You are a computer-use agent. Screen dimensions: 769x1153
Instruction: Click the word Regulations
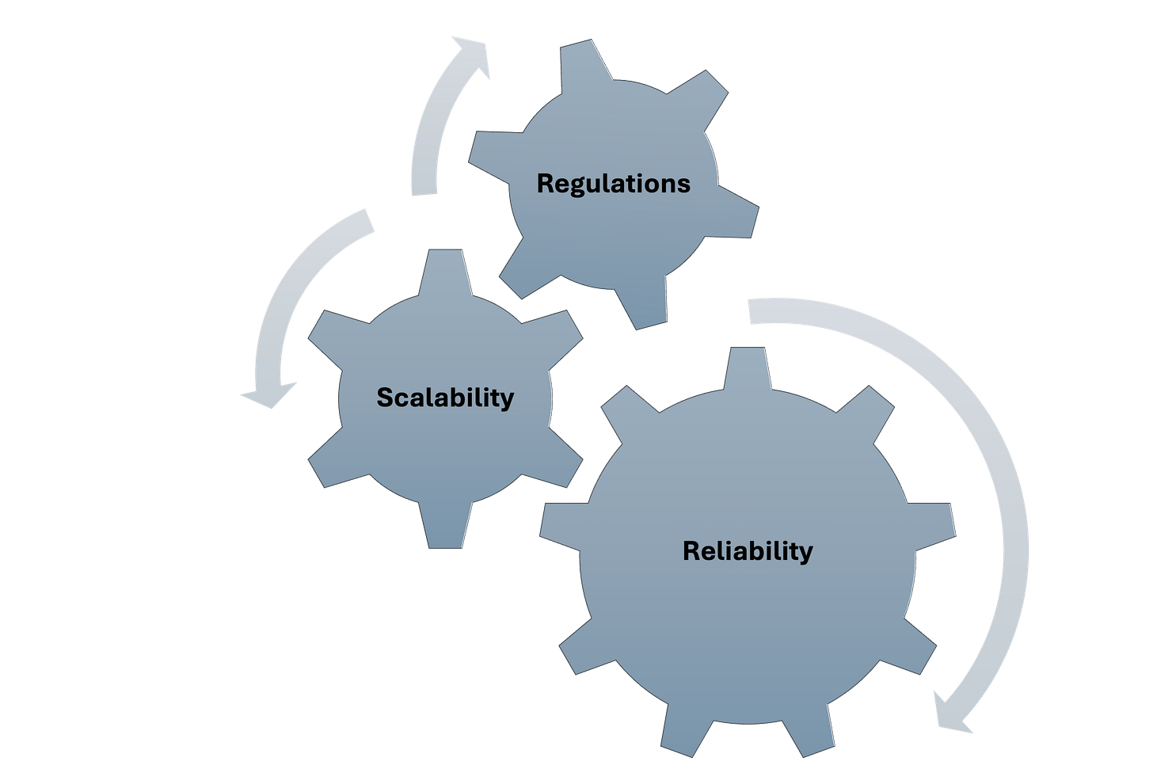614,184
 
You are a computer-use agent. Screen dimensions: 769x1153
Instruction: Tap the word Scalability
445,397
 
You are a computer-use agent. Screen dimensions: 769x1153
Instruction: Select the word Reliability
748,550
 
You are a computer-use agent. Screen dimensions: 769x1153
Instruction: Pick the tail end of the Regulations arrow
424,190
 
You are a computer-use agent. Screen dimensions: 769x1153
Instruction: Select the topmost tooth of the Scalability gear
444,269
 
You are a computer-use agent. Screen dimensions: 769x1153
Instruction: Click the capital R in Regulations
545,184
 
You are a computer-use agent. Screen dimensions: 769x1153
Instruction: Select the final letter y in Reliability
806,553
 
